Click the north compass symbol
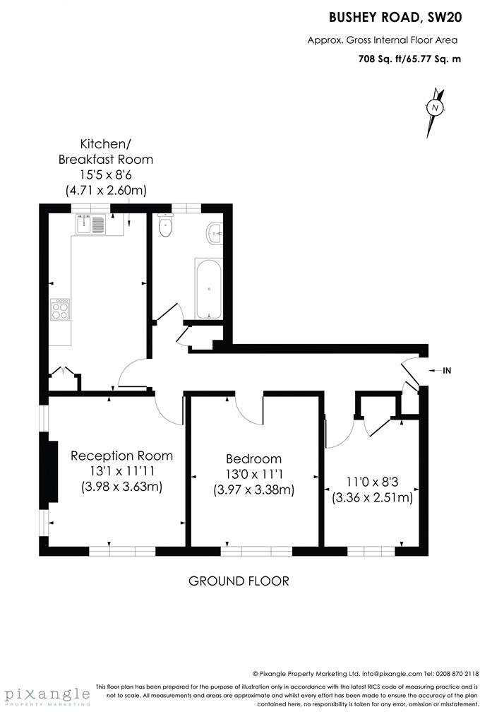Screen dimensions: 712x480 [436, 108]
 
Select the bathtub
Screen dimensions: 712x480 [208, 289]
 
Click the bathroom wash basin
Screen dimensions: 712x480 [215, 232]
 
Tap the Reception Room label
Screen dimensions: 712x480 [121, 456]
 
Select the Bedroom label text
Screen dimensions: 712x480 [253, 458]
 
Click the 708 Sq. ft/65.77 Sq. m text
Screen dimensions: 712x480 [409, 59]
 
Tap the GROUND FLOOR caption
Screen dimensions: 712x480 [239, 581]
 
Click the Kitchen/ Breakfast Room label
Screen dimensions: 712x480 [105, 152]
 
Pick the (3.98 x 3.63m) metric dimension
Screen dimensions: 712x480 [121, 486]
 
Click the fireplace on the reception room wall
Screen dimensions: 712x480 [52, 472]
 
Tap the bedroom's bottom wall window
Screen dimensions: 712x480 [256, 550]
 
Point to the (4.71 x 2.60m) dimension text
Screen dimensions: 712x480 [105, 189]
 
